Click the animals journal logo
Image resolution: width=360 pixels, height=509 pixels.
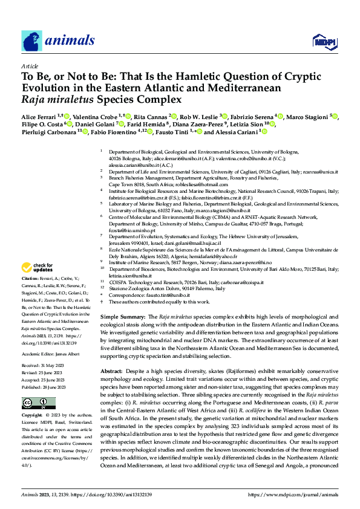[59, 41]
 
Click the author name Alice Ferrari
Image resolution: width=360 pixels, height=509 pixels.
[40, 115]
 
